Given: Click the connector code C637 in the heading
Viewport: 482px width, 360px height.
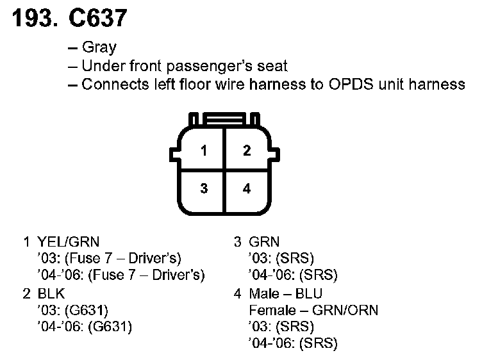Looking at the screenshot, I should pos(96,19).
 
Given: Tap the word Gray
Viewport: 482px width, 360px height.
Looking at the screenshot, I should pos(99,48).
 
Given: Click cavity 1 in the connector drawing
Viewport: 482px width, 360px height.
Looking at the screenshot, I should pos(203,151).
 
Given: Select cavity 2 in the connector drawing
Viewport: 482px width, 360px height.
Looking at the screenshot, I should pos(247,151).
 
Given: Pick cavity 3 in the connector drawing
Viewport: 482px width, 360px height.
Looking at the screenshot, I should pos(203,188).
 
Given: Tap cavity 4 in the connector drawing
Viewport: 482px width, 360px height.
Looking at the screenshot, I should pos(247,188).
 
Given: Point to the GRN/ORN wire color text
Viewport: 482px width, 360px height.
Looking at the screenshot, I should pos(346,310).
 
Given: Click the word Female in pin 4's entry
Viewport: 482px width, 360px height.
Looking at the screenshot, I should pos(270,310).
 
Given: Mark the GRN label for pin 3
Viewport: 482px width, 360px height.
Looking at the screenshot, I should pos(264,242).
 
